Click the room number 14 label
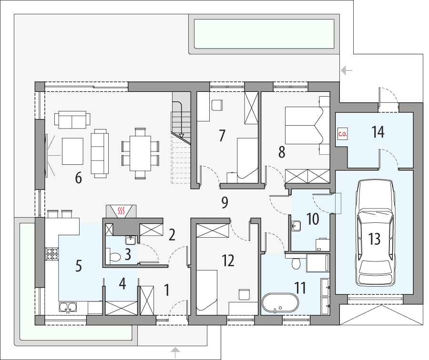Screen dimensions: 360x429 coord(378,132)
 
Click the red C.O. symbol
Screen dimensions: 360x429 coord(342,134)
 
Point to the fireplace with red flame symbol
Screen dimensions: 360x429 coord(122,210)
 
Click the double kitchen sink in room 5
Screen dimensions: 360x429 coord(67,307)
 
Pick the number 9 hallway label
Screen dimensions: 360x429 coord(225,202)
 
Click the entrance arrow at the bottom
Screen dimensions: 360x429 coord(176,352)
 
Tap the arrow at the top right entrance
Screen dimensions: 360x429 coord(347,71)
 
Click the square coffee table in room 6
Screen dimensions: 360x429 coord(72,150)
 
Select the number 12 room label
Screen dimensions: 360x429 coord(228,260)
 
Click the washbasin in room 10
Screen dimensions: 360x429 coord(296,225)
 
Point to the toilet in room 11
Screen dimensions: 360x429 coord(296,263)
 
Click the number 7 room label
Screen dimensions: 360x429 coord(222,135)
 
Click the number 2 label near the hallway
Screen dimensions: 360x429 coord(172,234)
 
